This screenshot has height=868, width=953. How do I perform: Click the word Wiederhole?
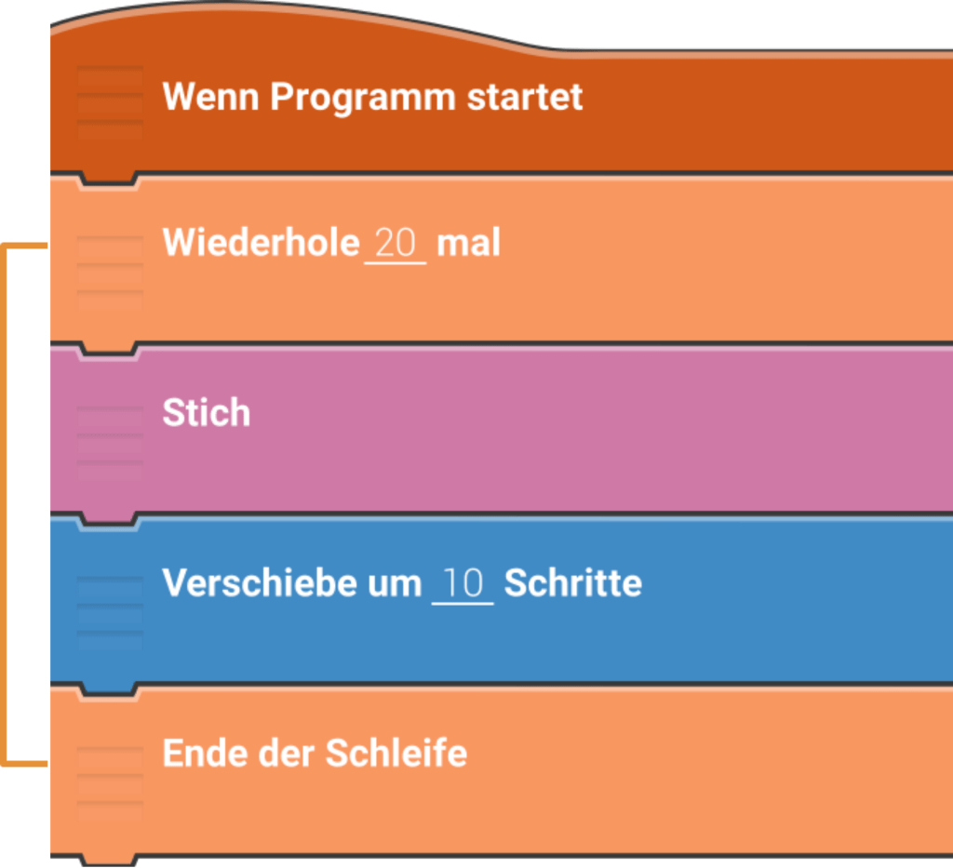tap(261, 243)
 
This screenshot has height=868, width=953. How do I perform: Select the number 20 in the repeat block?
tap(396, 244)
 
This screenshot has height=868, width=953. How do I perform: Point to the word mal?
tap(468, 243)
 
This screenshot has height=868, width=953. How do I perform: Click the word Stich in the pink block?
tap(207, 413)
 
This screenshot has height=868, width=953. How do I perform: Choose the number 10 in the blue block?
tap(463, 584)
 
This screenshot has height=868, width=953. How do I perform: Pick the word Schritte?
tap(572, 583)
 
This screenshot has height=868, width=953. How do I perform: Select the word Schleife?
tap(395, 753)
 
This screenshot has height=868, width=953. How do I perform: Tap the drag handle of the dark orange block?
tap(110, 101)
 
